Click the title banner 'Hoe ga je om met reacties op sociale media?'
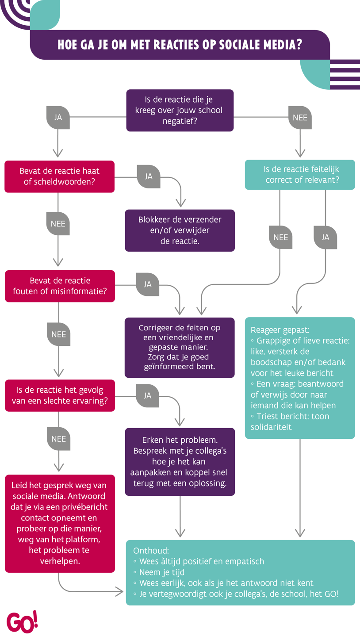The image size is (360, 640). (180, 45)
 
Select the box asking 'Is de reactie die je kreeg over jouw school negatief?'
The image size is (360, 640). (180, 110)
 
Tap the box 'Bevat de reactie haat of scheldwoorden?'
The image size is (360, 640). (59, 176)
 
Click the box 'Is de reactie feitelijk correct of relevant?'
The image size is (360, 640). (300, 175)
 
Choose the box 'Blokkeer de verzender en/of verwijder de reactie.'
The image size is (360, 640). (180, 230)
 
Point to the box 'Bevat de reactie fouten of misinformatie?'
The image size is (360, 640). (59, 286)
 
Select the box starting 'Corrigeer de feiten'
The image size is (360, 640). (180, 347)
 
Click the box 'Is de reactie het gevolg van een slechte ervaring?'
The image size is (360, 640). (59, 395)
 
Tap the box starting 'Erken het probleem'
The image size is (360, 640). (180, 461)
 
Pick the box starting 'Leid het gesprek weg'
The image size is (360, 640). (59, 523)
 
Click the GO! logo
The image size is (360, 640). (22, 622)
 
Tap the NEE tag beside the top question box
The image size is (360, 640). (300, 118)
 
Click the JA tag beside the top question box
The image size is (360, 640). (58, 118)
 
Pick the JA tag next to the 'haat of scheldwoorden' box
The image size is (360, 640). (149, 176)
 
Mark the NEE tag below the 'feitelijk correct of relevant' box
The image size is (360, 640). (280, 237)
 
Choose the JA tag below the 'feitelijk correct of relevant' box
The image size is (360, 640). (325, 237)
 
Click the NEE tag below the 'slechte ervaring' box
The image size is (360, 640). (58, 439)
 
